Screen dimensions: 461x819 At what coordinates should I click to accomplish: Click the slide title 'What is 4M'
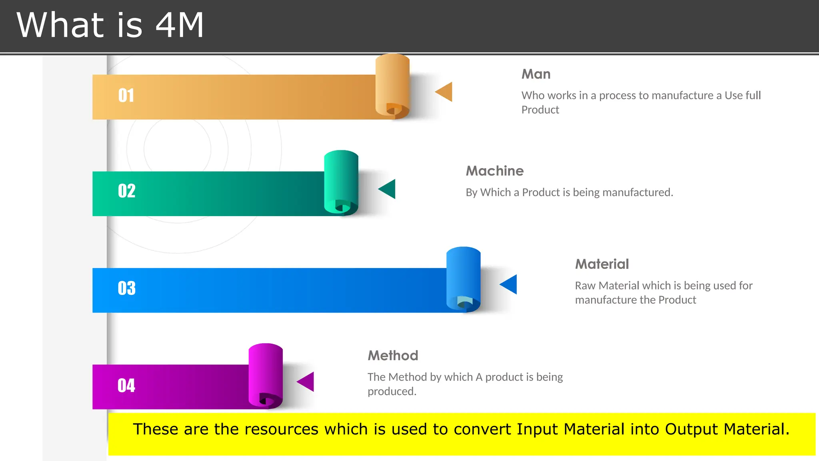(x=110, y=25)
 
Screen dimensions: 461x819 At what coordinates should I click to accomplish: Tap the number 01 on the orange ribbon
(x=126, y=96)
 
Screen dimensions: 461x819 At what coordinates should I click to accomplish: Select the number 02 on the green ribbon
(x=127, y=191)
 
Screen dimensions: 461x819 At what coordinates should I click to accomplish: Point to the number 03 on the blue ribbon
(x=127, y=288)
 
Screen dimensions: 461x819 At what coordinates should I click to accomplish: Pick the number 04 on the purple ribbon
(x=126, y=386)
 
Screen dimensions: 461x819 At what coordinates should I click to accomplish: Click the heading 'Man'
(x=536, y=74)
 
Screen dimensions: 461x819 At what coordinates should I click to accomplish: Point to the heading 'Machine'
(x=495, y=171)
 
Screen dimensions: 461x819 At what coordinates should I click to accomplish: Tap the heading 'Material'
(x=602, y=264)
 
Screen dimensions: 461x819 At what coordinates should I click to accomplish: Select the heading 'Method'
(x=393, y=355)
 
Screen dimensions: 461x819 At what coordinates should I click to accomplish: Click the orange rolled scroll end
(x=392, y=86)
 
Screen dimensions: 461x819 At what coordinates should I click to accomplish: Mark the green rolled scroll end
(x=341, y=182)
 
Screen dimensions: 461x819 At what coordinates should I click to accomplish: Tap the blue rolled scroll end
(x=463, y=279)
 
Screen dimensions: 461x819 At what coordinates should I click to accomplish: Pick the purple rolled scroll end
(x=266, y=375)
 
